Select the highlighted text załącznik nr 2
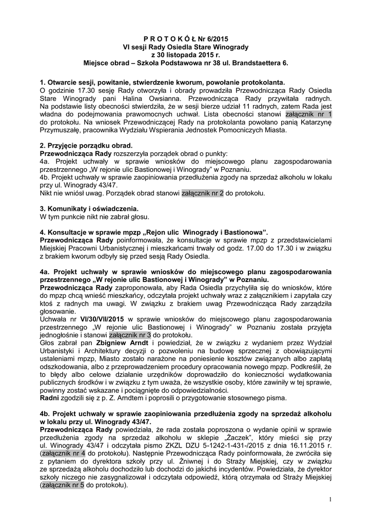(203, 194)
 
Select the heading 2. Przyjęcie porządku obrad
(79, 146)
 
